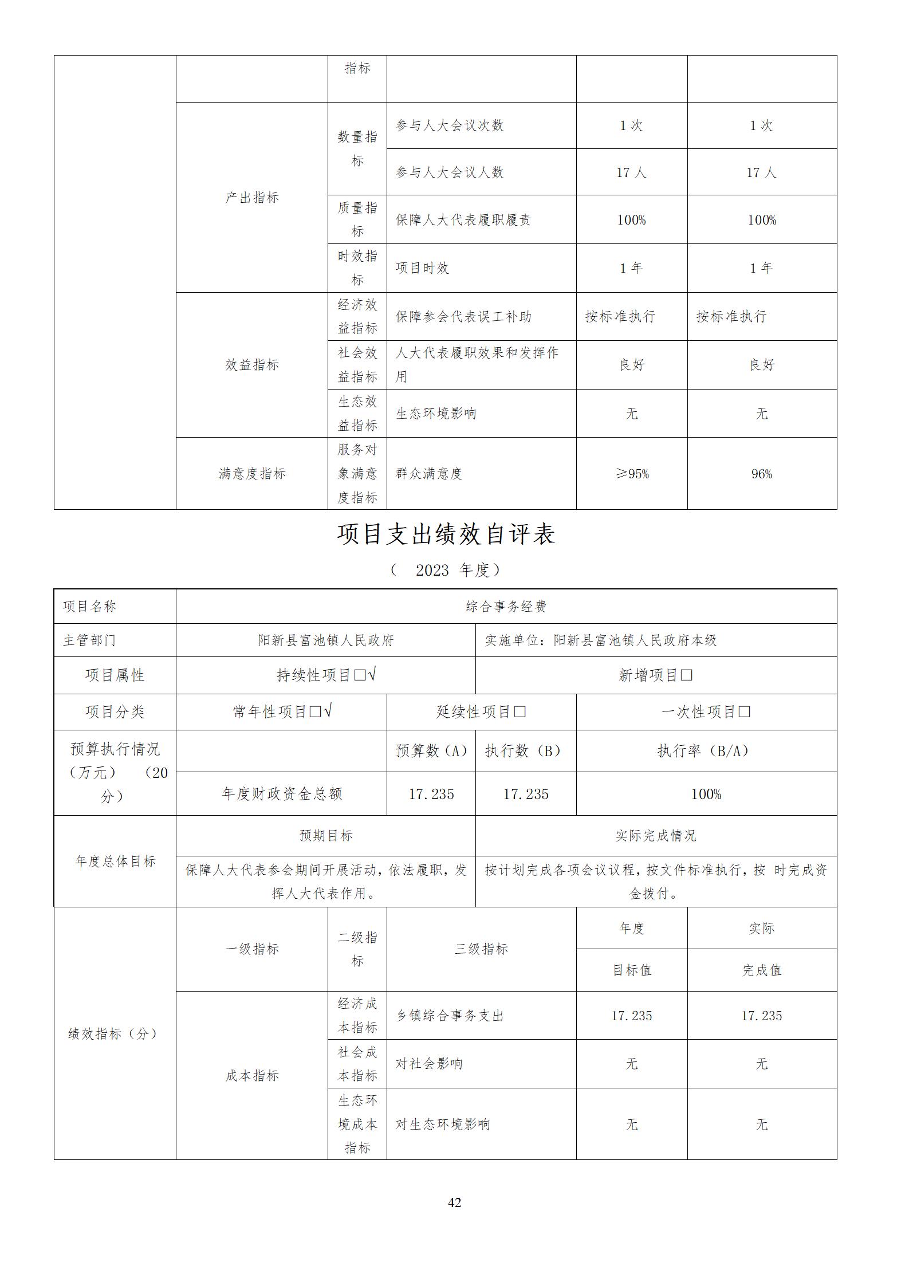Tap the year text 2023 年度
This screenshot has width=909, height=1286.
coord(446,570)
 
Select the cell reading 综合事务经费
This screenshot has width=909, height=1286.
coord(506,607)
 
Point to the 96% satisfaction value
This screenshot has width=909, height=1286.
coord(761,474)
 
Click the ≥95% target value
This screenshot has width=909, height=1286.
coord(632,474)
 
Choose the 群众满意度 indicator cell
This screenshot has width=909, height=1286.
coord(429,474)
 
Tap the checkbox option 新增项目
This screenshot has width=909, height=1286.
coord(656,675)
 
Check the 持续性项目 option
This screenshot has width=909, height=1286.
coord(326,675)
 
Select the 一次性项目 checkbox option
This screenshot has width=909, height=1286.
coord(706,712)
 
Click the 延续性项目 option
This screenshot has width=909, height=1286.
coord(481,712)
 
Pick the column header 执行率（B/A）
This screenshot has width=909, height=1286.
coord(706,751)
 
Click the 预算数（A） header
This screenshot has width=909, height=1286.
coord(431,751)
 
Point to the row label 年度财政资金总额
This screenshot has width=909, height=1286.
coord(282,794)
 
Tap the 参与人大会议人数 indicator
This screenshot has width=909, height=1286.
coord(450,172)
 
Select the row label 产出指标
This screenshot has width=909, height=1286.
coord(252,198)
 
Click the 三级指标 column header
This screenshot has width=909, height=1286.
coord(481,949)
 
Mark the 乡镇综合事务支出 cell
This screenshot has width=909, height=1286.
coord(450,1016)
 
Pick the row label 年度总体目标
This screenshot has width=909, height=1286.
coord(115,862)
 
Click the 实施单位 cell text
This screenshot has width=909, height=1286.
coord(601,640)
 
